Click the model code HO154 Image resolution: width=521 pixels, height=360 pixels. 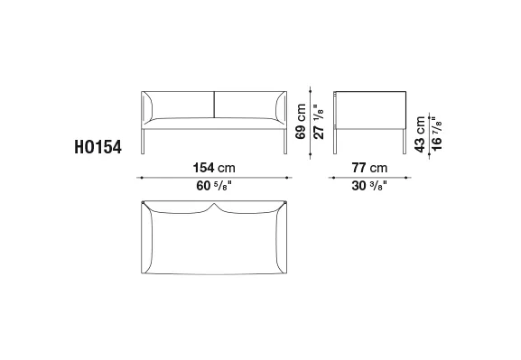pyautogui.click(x=98, y=147)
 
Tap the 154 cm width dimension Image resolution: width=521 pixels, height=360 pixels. pyautogui.click(x=214, y=168)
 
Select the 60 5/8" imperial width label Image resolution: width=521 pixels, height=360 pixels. pyautogui.click(x=214, y=186)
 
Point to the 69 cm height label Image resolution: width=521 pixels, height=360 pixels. pyautogui.click(x=301, y=122)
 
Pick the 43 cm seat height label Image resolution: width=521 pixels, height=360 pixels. pyautogui.click(x=420, y=134)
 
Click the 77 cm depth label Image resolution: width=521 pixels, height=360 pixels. pyautogui.click(x=369, y=168)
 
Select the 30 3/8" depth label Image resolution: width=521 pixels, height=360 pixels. pyautogui.click(x=369, y=186)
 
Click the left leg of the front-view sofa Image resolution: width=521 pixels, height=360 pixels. pyautogui.click(x=143, y=142)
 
